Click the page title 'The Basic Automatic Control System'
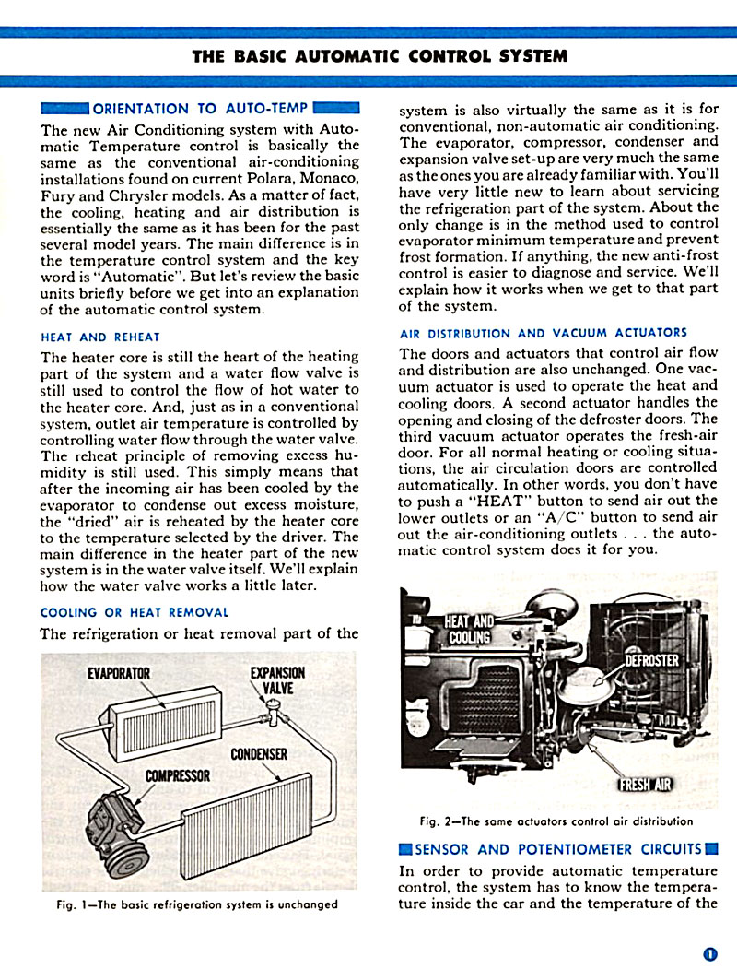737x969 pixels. click(380, 55)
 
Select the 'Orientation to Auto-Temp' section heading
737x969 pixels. click(200, 108)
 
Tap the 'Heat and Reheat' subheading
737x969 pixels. click(99, 337)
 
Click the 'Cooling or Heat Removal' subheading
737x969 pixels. click(135, 612)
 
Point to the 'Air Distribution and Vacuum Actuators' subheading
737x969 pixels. click(543, 333)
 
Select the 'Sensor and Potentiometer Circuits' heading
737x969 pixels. click(558, 849)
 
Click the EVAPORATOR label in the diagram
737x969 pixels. click(119, 673)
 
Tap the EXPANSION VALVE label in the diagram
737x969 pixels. click(277, 680)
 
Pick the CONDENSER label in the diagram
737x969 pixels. click(259, 754)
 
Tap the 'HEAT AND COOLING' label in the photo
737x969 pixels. click(469, 630)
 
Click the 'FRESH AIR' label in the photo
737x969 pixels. click(644, 785)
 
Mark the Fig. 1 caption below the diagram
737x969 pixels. click(196, 904)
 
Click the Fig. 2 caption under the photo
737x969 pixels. click(556, 821)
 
